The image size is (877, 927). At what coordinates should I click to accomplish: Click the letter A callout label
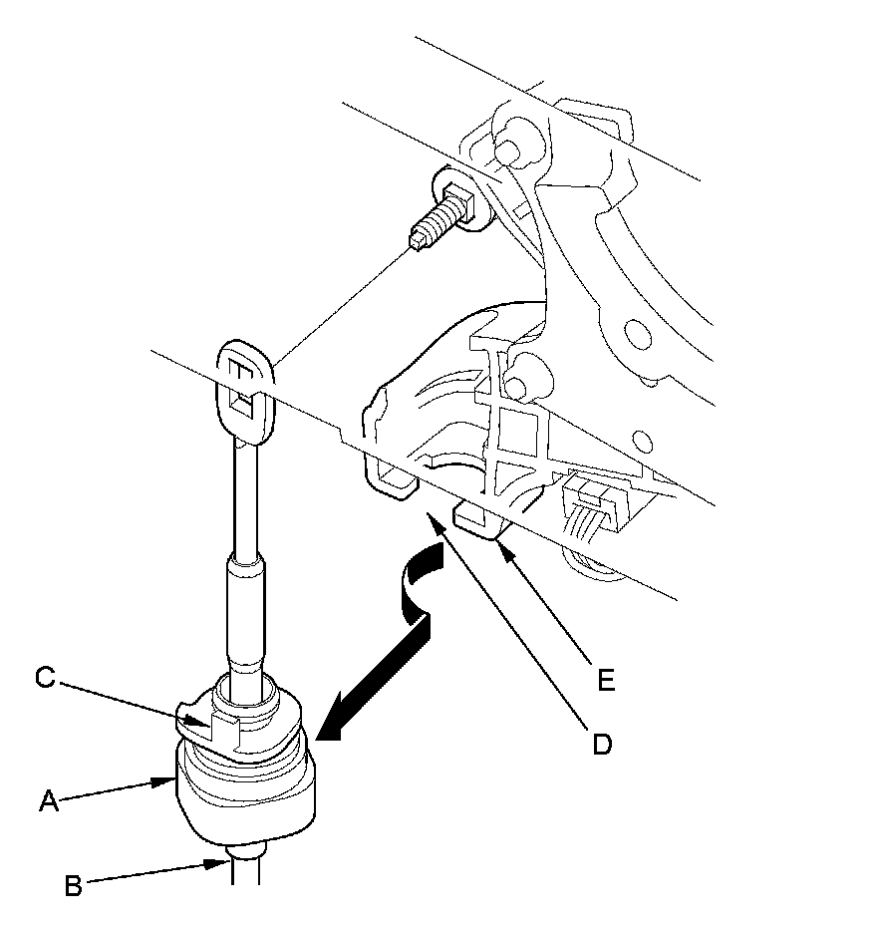coord(49,801)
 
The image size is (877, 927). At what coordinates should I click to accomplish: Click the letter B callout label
coord(73,886)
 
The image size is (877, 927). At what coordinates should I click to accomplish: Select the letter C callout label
coord(46,678)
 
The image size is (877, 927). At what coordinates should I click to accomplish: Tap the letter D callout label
coord(602,744)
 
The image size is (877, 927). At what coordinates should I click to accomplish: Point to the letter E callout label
coord(606,681)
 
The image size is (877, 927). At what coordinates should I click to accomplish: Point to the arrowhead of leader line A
coord(164,781)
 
